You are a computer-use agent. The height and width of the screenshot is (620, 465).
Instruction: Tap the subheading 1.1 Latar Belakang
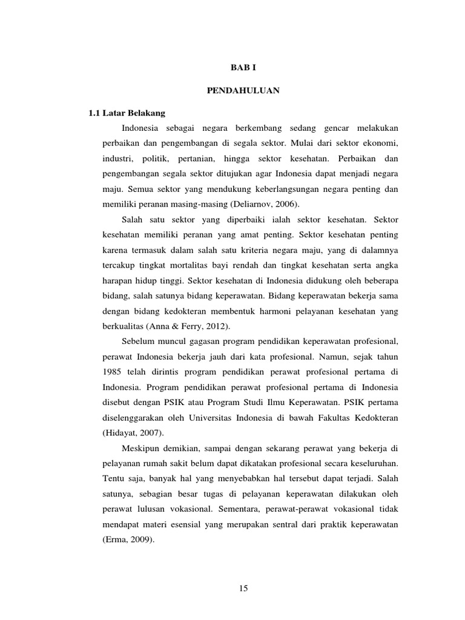pyautogui.click(x=127, y=113)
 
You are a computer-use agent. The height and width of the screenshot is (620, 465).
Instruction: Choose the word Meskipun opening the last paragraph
pyautogui.click(x=142, y=449)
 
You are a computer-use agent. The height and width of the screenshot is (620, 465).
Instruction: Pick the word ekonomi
pyautogui.click(x=381, y=143)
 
